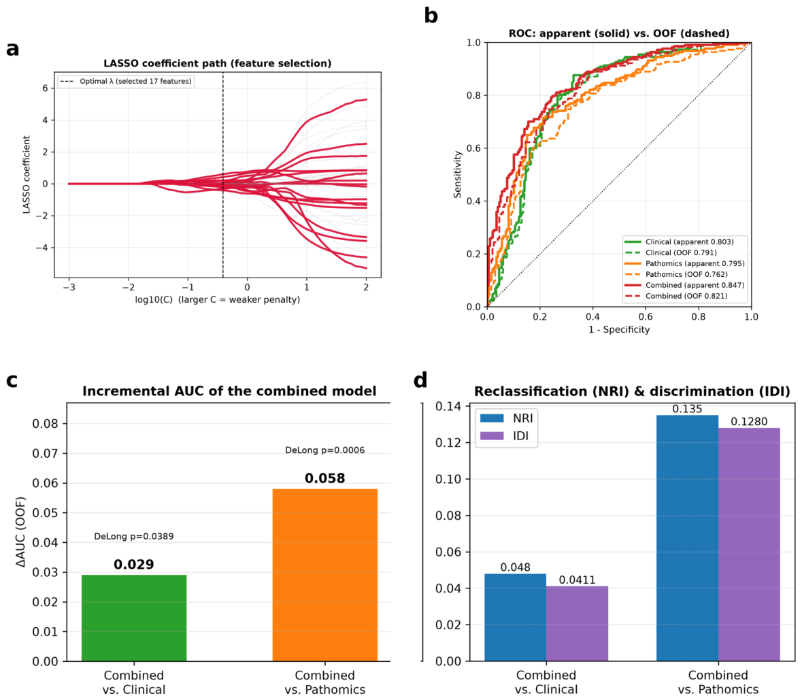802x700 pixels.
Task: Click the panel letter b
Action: [x=431, y=16]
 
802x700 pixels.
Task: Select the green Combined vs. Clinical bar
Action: [x=134, y=618]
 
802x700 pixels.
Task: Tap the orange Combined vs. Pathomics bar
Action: [x=324, y=575]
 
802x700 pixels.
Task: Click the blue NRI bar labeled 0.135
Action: [x=688, y=538]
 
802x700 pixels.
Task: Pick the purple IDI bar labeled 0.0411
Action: [x=577, y=623]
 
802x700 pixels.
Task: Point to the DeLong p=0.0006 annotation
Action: [x=324, y=450]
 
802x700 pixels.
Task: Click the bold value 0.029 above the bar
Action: [x=133, y=564]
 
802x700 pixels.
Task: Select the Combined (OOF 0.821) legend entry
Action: [x=676, y=296]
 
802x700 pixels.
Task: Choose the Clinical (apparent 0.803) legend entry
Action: [x=679, y=242]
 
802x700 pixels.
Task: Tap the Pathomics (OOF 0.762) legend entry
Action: [x=676, y=275]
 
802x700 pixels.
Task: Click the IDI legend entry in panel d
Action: [x=505, y=435]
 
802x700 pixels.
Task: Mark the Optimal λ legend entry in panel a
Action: [x=126, y=82]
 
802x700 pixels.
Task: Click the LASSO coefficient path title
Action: [x=218, y=63]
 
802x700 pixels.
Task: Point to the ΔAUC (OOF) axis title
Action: [x=20, y=532]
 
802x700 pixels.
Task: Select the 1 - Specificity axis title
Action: [x=619, y=329]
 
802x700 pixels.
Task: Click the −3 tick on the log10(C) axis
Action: [x=69, y=287]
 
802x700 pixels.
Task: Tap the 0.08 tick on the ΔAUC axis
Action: [x=46, y=423]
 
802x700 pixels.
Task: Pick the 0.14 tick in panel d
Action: [x=448, y=407]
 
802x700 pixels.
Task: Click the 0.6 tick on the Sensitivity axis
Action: [x=473, y=148]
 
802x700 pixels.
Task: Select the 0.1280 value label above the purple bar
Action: [x=750, y=421]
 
